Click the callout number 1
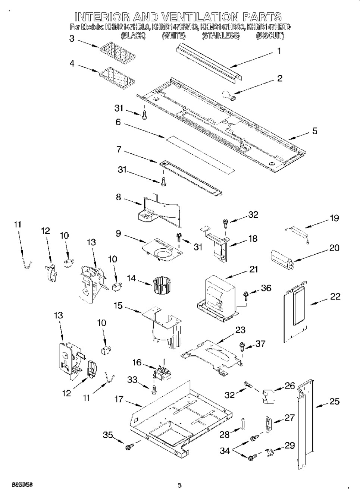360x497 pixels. (x=279, y=51)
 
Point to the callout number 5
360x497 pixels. (x=315, y=131)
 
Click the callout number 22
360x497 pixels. (x=335, y=296)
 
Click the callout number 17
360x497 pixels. (x=119, y=399)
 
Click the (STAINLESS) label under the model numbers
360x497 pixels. (x=220, y=36)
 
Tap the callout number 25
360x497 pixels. (x=334, y=401)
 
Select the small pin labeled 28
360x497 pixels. (x=242, y=424)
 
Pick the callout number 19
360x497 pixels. (x=334, y=218)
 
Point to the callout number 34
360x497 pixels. (x=225, y=451)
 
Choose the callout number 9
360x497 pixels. (x=118, y=234)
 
